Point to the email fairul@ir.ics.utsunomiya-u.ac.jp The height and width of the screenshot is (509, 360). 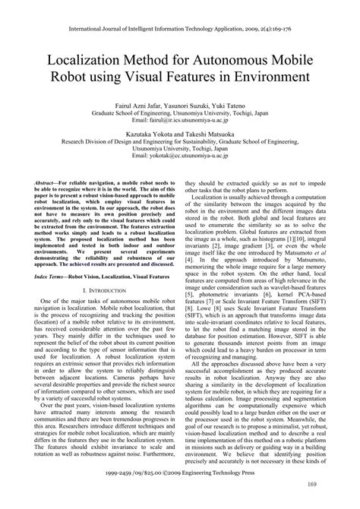click(180, 119)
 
